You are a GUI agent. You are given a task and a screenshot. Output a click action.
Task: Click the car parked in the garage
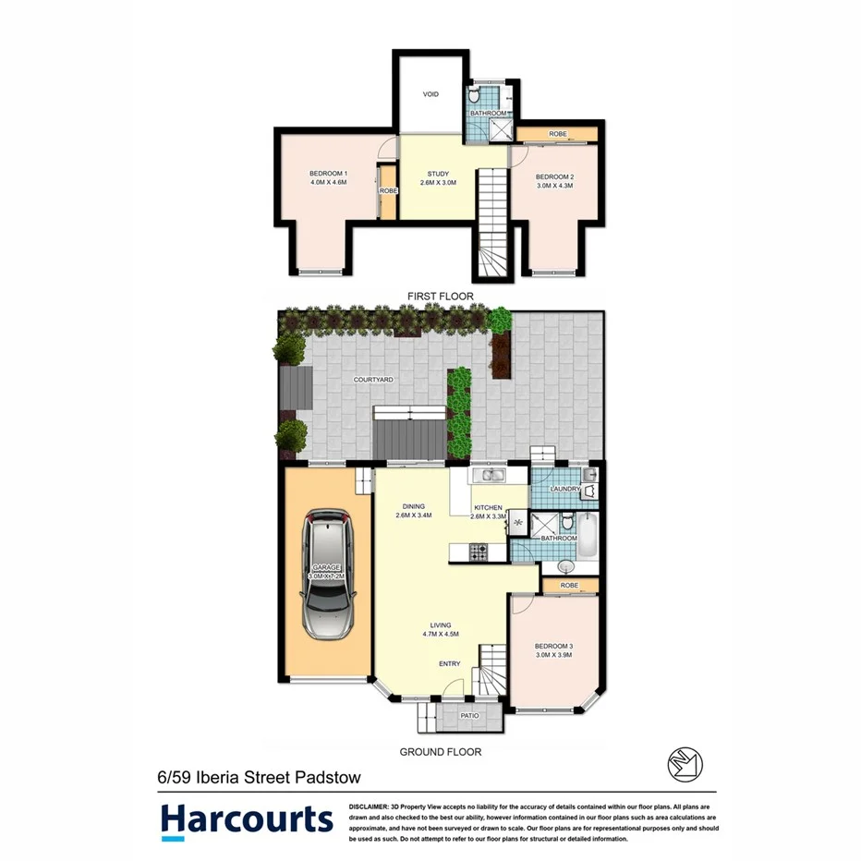click(328, 577)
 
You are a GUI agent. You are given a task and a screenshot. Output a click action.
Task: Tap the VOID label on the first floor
click(430, 94)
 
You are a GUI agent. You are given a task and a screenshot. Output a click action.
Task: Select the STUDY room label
click(438, 174)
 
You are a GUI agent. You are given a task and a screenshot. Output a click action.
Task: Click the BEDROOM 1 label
click(328, 174)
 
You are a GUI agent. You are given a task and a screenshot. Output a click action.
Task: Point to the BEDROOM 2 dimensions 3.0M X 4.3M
click(556, 186)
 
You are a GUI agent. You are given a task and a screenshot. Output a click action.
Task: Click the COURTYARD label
click(374, 380)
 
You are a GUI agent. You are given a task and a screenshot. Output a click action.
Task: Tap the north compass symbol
click(685, 763)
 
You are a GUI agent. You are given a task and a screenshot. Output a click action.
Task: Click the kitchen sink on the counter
click(486, 476)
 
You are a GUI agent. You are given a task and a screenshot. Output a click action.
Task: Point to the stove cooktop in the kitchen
click(479, 552)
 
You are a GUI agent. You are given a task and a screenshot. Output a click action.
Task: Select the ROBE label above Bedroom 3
click(569, 585)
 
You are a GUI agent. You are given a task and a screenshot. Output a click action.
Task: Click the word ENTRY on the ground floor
click(450, 663)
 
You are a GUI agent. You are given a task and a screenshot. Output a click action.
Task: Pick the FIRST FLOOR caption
click(441, 297)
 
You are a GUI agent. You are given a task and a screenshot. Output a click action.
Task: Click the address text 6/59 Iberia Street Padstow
click(259, 778)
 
